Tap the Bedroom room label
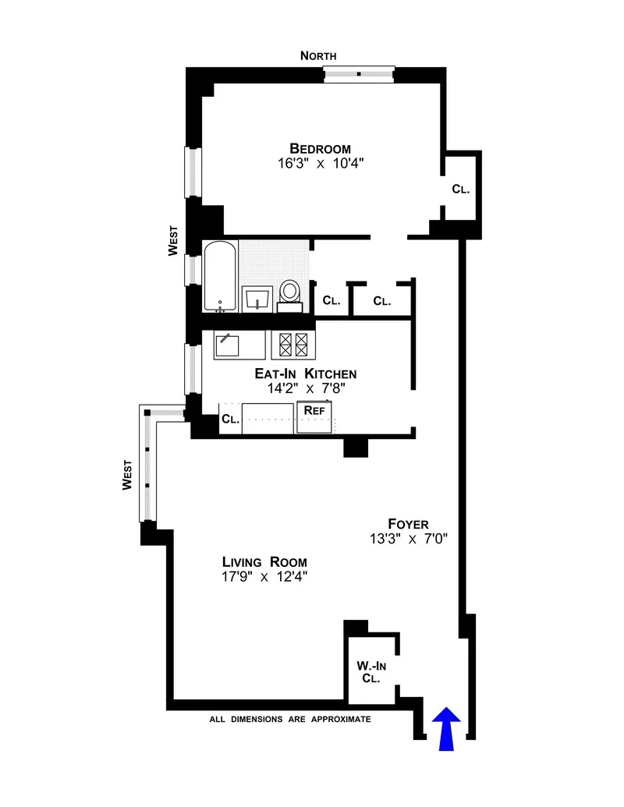[320, 148]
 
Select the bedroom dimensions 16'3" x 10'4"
[320, 164]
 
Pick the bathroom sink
[257, 298]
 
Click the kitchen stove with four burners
[290, 344]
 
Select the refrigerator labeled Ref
[314, 416]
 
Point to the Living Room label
[264, 561]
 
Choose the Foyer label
[408, 523]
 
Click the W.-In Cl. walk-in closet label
[370, 671]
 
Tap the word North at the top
[319, 55]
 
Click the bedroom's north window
[359, 74]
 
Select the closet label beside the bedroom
[460, 189]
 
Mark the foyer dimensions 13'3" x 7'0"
[408, 538]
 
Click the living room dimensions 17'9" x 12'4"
[264, 577]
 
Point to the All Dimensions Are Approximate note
[289, 719]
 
